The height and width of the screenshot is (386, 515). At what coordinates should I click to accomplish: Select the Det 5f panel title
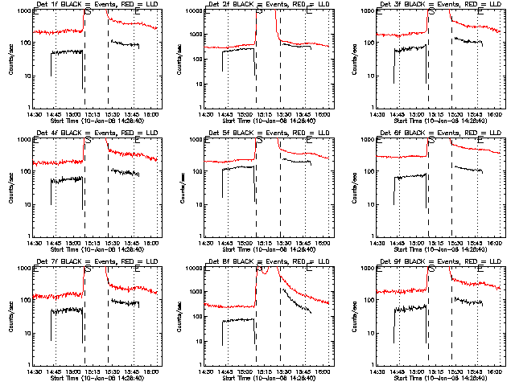tap(262, 133)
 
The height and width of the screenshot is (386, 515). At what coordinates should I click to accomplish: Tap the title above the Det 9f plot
tap(434, 262)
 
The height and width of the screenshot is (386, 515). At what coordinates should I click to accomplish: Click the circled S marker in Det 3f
tap(434, 12)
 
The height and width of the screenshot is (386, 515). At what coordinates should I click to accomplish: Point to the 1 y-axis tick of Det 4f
tap(28, 236)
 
